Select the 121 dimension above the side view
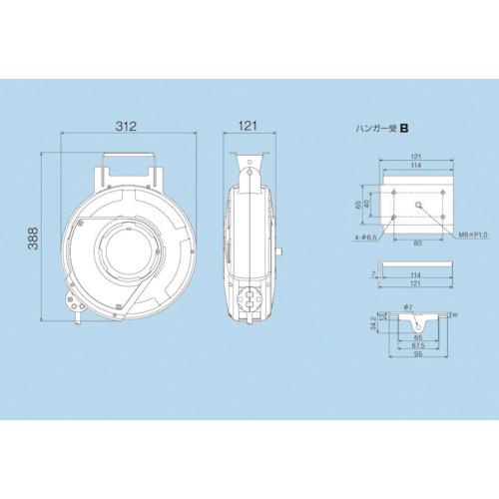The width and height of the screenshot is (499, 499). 248,127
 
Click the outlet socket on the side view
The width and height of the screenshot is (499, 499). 249,298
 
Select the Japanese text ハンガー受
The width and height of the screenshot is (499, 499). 376,129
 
